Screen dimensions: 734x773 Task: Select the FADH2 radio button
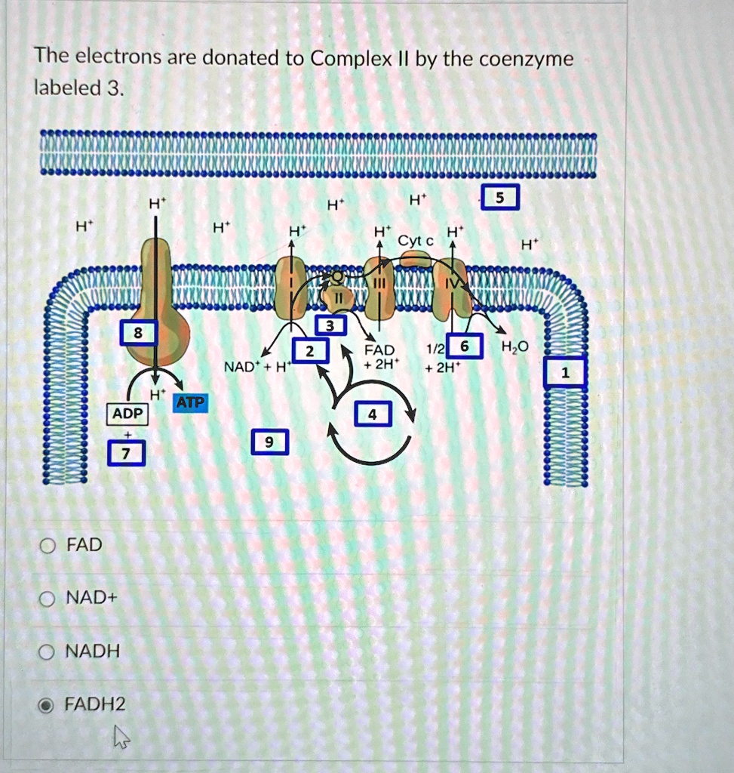(46, 706)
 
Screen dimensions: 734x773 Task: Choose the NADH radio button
(46, 652)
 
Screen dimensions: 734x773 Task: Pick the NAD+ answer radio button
(47, 599)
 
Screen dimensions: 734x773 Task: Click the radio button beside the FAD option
(48, 546)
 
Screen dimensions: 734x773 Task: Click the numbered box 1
(564, 372)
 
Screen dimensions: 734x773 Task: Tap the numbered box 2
(310, 350)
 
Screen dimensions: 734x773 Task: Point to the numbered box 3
(330, 325)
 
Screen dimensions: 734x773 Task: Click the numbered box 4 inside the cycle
(373, 414)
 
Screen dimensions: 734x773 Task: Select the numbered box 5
(500, 197)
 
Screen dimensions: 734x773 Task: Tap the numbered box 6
(464, 346)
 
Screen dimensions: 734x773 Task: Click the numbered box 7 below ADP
(127, 453)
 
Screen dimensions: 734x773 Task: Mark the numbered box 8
(138, 332)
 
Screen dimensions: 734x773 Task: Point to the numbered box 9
(269, 442)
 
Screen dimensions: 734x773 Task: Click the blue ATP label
(190, 403)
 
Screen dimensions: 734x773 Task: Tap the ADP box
(127, 414)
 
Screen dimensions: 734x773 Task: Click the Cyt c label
(415, 241)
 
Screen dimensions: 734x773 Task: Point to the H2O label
(514, 347)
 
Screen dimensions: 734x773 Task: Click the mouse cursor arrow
(121, 737)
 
